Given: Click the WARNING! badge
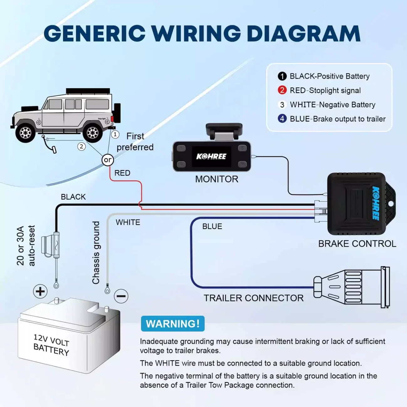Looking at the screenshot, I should (173, 323).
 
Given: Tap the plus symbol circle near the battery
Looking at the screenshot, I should (40, 291).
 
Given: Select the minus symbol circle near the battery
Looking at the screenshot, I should (121, 296).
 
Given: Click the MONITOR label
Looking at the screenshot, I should (217, 179).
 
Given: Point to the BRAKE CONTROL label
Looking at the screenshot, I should (357, 244).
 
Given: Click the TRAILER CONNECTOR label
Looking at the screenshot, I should (254, 298).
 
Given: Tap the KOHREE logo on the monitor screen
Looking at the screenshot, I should (211, 156).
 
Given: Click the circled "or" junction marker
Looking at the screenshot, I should (107, 160).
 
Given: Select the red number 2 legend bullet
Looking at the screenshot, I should (282, 90).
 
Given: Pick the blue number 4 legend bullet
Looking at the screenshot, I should (282, 119).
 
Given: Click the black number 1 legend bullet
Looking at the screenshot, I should (282, 76).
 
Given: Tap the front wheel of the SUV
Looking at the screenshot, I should (25, 133).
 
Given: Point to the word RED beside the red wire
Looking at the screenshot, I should (122, 173).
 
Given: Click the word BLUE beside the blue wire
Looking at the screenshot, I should (212, 226).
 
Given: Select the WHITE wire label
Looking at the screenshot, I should (128, 222).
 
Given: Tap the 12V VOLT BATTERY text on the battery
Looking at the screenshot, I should (51, 345).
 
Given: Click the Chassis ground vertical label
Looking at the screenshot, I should (96, 253).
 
